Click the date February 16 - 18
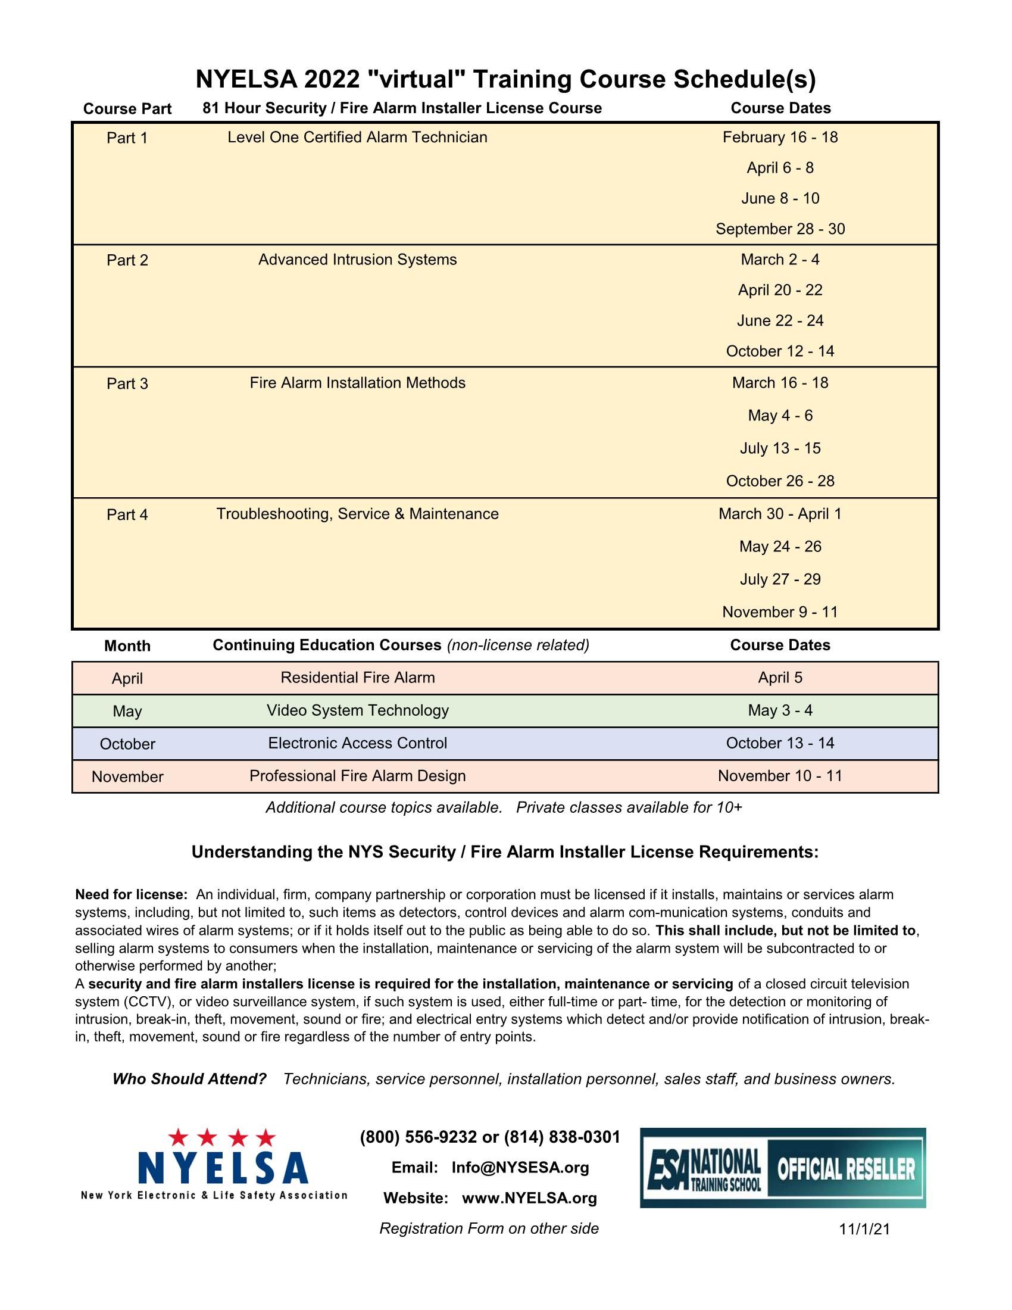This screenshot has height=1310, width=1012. pyautogui.click(x=780, y=138)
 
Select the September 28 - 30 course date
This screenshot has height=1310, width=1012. pyautogui.click(x=780, y=229)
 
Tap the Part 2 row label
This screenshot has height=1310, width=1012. pyautogui.click(x=127, y=260)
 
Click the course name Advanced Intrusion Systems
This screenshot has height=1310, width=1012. pyautogui.click(x=357, y=260)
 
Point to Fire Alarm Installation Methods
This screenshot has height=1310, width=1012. pyautogui.click(x=357, y=383)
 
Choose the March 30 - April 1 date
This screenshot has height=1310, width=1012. pyautogui.click(x=780, y=514)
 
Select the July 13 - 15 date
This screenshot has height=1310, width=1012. pyautogui.click(x=780, y=448)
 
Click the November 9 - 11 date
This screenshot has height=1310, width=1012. pyautogui.click(x=780, y=612)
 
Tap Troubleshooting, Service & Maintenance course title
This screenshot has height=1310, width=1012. pyautogui.click(x=357, y=514)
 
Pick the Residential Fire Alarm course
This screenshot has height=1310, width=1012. pyautogui.click(x=357, y=678)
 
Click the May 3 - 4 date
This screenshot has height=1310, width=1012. pyautogui.click(x=780, y=711)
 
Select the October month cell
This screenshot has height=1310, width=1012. pyautogui.click(x=127, y=744)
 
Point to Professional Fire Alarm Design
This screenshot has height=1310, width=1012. pyautogui.click(x=357, y=776)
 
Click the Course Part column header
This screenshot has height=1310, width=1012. pyautogui.click(x=127, y=108)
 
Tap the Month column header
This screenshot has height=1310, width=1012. pyautogui.click(x=127, y=646)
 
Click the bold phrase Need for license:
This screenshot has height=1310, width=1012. pyautogui.click(x=132, y=895)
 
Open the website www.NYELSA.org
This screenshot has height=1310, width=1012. pyautogui.click(x=529, y=1199)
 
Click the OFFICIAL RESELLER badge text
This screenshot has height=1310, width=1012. pyautogui.click(x=846, y=1169)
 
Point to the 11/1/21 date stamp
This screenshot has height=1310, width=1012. pyautogui.click(x=864, y=1230)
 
